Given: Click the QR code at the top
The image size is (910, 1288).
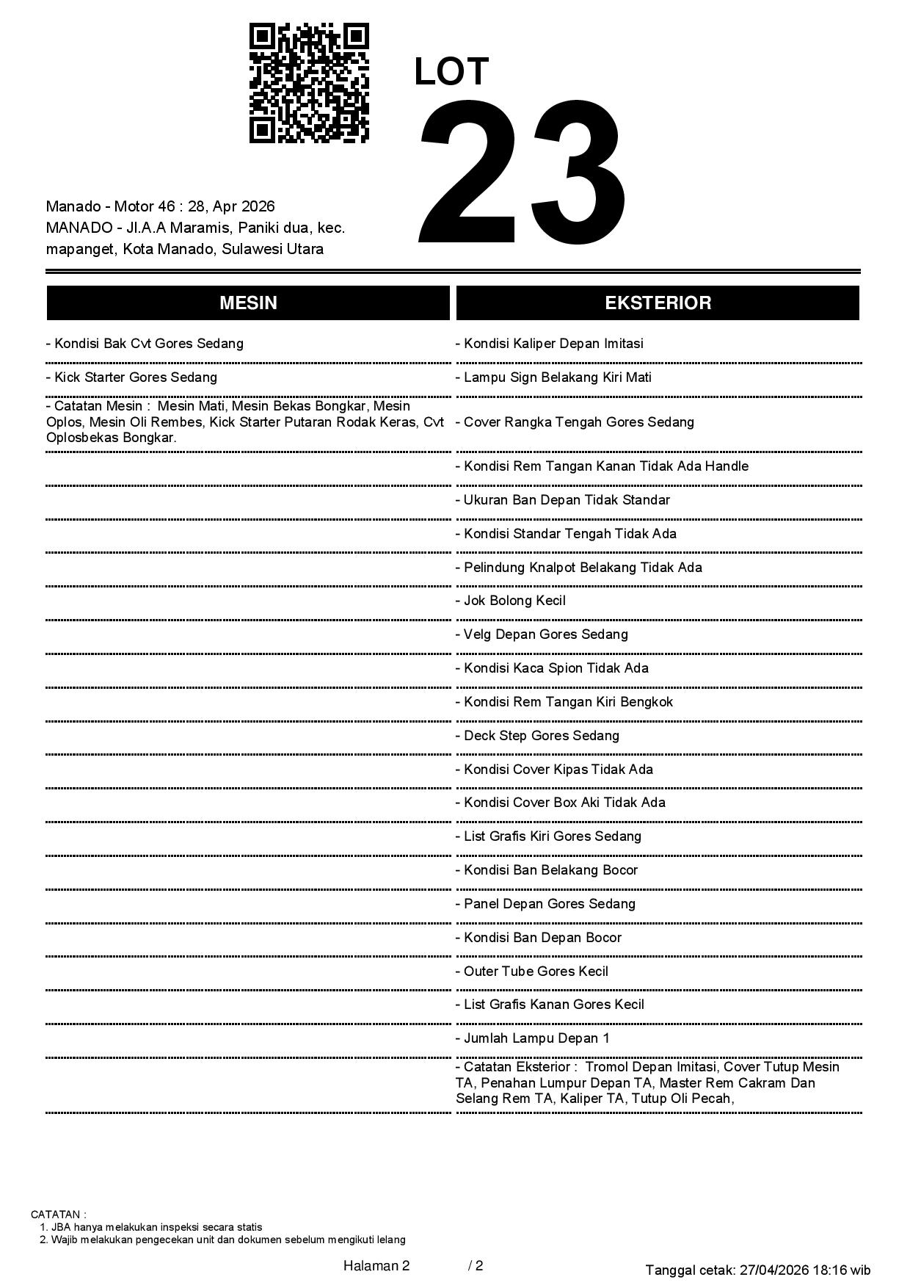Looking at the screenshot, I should tap(309, 83).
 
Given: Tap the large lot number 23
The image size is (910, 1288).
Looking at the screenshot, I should tap(522, 171).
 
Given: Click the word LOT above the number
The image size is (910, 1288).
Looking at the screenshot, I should tap(451, 72).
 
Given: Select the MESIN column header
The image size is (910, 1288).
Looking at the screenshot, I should tap(248, 303).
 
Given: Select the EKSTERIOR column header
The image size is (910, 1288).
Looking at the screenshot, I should tap(658, 303).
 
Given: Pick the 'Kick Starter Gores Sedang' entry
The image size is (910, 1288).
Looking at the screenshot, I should tap(136, 377).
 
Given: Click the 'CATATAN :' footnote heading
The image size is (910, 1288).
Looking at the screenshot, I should tap(59, 1215).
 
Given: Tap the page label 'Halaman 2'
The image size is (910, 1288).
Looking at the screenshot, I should tap(376, 1266).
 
